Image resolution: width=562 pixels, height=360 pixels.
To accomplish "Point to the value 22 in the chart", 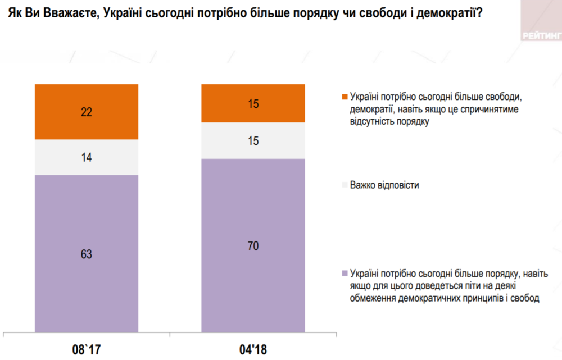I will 86,112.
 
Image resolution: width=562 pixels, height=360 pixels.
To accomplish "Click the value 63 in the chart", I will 86,254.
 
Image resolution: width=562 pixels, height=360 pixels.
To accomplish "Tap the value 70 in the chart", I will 253,246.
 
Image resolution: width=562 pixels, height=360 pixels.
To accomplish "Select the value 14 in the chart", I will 86,158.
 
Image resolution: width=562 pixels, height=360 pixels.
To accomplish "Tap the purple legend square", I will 344,274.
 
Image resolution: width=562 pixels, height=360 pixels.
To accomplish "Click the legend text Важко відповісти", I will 384,185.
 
